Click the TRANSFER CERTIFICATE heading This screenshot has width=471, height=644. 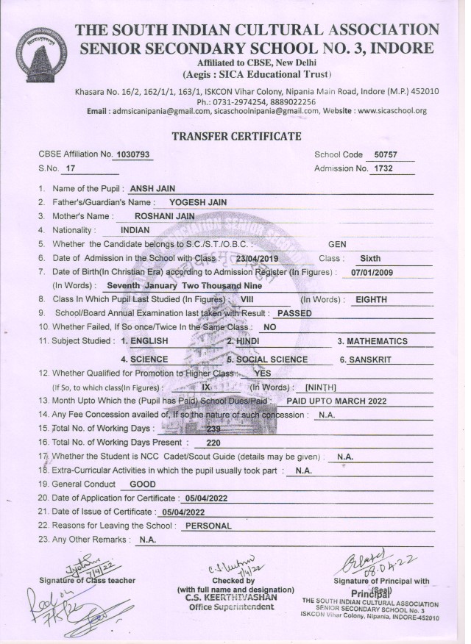(236, 136)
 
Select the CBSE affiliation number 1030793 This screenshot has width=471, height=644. (133, 154)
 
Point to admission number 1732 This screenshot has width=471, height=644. (385, 169)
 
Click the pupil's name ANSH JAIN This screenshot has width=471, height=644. (152, 189)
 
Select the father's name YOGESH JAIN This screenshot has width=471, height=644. (198, 202)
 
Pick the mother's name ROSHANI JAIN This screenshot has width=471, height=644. (166, 216)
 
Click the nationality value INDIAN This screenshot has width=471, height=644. (135, 230)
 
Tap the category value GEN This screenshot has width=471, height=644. (337, 244)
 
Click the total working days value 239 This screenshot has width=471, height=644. (214, 429)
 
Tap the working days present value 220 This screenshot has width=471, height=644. (213, 443)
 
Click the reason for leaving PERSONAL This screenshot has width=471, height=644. (208, 526)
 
